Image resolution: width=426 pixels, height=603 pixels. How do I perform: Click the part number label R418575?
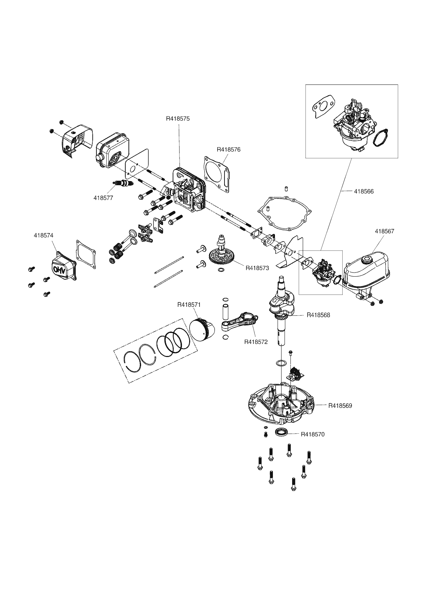pyautogui.click(x=178, y=119)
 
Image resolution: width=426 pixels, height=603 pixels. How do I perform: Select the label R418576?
pyautogui.click(x=229, y=149)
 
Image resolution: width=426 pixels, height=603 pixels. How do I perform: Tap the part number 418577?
pyautogui.click(x=103, y=198)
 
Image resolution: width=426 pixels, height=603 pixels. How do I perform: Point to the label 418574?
pyautogui.click(x=44, y=235)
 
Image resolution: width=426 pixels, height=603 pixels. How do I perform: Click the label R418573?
pyautogui.click(x=257, y=268)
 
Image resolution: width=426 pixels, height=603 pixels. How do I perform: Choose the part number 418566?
pyautogui.click(x=364, y=191)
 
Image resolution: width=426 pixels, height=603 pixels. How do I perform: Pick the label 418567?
pyautogui.click(x=384, y=231)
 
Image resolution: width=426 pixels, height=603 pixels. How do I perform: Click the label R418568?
pyautogui.click(x=318, y=315)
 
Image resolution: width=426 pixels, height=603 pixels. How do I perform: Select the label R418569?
pyautogui.click(x=340, y=405)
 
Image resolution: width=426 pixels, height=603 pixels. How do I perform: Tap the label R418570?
pyautogui.click(x=313, y=434)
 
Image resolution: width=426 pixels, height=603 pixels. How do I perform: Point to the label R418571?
pyautogui.click(x=189, y=304)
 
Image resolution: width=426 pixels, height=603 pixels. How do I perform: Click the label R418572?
pyautogui.click(x=256, y=342)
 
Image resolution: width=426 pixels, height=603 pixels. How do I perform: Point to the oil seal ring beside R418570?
pyautogui.click(x=282, y=432)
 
